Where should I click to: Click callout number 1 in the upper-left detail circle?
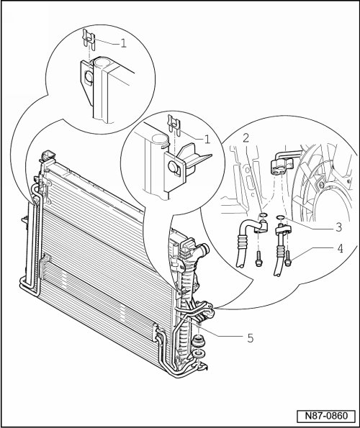coord(123,43)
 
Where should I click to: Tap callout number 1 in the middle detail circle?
coord(207,140)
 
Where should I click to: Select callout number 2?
coord(246,138)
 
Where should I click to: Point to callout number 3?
coord(338,227)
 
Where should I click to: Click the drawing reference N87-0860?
coord(326,416)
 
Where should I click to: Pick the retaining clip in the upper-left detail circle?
coord(89,40)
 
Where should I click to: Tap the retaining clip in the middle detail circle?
coord(174,126)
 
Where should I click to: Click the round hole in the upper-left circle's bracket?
coord(89,77)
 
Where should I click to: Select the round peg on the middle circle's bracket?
coord(174,166)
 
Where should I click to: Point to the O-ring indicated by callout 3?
coord(281,217)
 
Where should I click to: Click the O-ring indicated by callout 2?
coord(263,215)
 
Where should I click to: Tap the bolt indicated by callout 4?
coord(288,258)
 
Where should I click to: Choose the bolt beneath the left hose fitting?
coord(258,259)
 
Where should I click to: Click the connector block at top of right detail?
coord(282,166)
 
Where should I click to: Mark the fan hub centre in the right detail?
coord(320,186)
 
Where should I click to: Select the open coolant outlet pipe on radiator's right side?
coord(202,249)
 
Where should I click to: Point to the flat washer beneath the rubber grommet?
coord(199,353)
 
